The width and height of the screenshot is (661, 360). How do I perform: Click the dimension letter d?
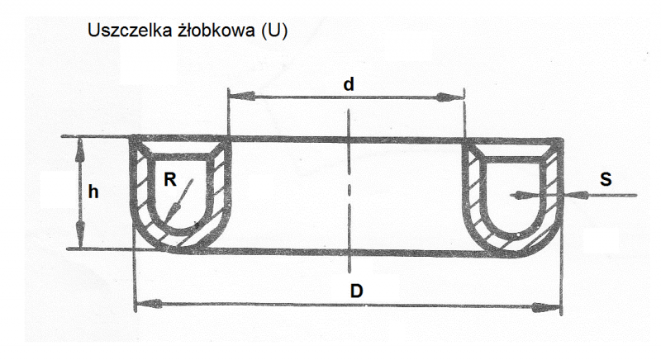[349, 84]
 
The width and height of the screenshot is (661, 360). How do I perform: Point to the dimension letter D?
[357, 291]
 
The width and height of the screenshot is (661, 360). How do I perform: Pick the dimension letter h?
[93, 192]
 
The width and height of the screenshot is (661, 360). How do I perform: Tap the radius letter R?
[170, 180]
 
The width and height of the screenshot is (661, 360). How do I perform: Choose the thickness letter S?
[606, 179]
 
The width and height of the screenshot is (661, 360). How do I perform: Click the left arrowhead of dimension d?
[241, 96]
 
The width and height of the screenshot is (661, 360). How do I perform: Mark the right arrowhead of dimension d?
[450, 97]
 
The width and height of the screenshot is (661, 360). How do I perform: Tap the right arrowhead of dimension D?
[547, 307]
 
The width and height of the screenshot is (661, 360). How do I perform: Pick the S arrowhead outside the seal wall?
[577, 196]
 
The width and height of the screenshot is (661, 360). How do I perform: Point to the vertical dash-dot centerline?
[349, 190]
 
